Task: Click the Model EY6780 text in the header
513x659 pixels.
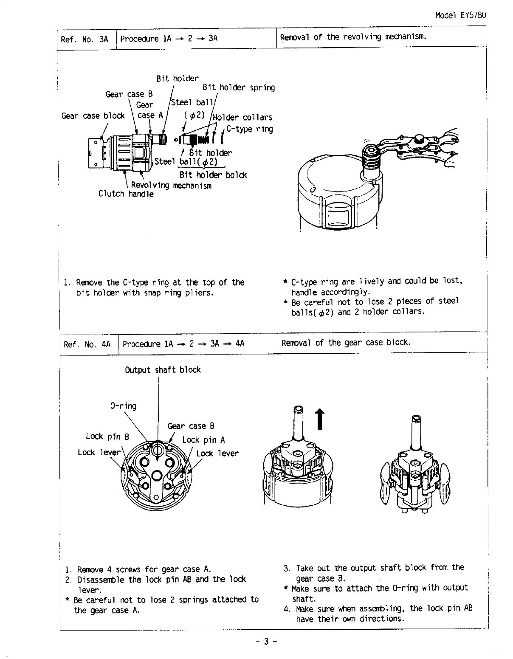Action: [460, 15]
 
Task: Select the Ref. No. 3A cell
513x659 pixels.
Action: [85, 39]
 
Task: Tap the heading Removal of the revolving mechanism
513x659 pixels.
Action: [353, 37]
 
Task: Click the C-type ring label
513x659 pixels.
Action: [250, 129]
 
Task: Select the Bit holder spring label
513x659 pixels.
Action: [238, 88]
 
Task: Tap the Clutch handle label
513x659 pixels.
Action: [126, 194]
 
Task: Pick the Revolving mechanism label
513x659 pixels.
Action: [171, 186]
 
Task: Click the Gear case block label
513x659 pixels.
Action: [93, 116]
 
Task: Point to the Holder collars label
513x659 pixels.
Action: [242, 118]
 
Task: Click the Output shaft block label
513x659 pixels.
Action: [163, 370]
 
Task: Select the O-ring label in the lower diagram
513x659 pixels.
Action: [123, 406]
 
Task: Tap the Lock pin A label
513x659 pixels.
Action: [203, 440]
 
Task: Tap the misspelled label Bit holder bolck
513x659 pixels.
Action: [213, 175]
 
